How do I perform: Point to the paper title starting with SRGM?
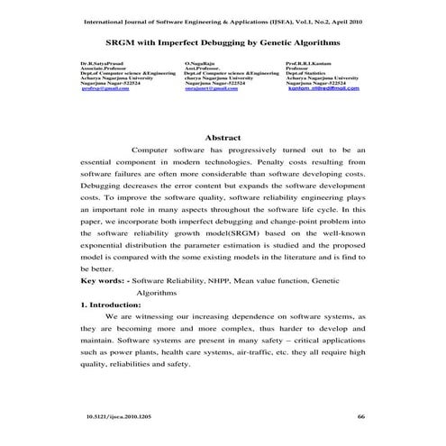pos(223,42)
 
